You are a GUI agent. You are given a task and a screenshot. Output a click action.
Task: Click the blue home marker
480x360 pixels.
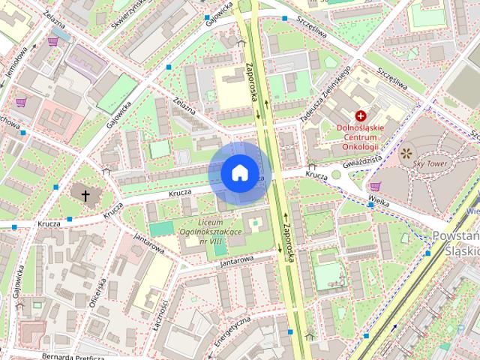(x=239, y=172)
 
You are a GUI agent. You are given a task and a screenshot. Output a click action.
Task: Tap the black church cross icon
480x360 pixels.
(x=85, y=196)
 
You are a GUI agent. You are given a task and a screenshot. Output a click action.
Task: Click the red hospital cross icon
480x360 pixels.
(x=361, y=115)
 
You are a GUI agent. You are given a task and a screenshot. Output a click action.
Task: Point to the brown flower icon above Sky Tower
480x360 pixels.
(x=406, y=154)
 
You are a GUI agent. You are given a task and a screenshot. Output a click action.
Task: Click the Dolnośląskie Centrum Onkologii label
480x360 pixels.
(x=361, y=136)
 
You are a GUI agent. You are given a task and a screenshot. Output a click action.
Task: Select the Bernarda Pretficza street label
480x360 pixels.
(x=73, y=356)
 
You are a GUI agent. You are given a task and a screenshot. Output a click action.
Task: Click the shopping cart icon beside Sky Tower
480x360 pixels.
(x=375, y=187)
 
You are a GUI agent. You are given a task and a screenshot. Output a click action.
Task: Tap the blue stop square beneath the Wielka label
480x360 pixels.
(x=371, y=204)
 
